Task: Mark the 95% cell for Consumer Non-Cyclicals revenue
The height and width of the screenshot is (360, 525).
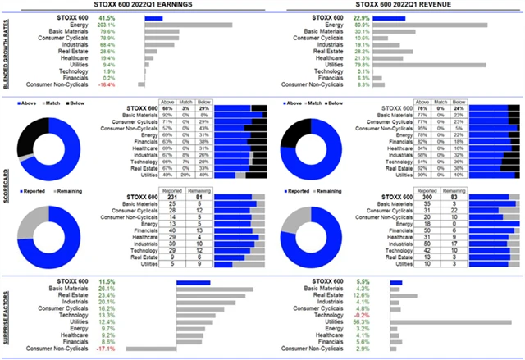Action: [425, 128]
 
